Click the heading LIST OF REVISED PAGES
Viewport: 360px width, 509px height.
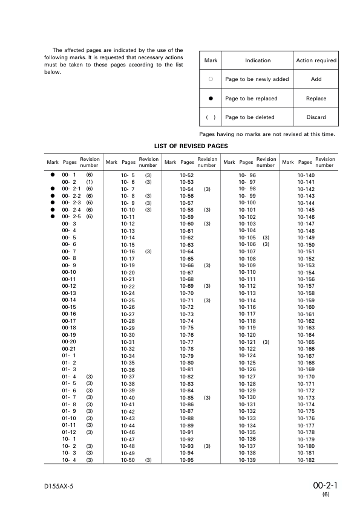(191, 146)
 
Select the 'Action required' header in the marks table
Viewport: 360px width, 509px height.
(316, 60)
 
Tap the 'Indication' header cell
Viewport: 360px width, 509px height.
(258, 60)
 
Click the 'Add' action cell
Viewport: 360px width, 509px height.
(316, 79)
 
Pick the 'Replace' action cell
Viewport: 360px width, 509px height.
(316, 99)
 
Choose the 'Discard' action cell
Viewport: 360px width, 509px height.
(316, 117)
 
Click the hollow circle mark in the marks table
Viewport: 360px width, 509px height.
(211, 79)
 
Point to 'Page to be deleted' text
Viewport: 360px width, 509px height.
(249, 117)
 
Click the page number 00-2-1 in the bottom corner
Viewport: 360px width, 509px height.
(325, 485)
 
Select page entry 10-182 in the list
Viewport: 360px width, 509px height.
(306, 460)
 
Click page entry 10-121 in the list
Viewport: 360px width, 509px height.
(247, 342)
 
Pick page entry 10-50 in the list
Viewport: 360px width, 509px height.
(128, 460)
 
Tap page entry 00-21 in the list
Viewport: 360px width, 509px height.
(69, 349)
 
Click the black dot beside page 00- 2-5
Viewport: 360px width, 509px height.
(53, 216)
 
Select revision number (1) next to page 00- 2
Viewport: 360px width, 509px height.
(89, 182)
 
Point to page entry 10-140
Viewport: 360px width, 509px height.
(306, 175)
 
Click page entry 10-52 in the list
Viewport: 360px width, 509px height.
(186, 175)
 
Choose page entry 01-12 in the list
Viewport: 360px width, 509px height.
(69, 432)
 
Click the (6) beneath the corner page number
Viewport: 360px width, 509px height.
(326, 494)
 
